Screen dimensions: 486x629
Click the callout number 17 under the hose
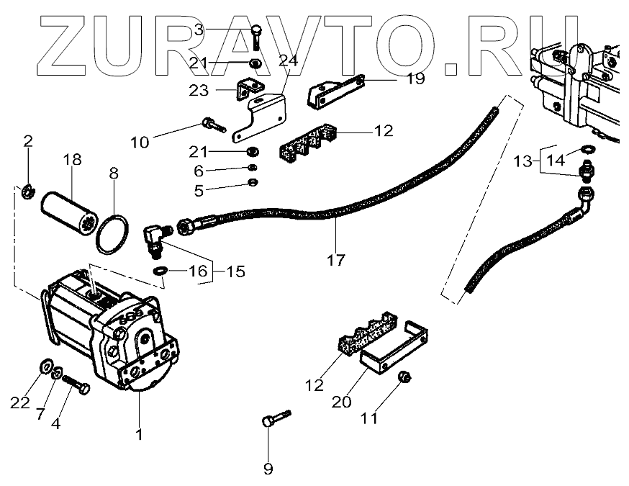pyautogui.click(x=335, y=259)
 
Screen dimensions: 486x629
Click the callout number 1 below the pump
pyautogui.click(x=138, y=435)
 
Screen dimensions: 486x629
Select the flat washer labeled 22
pyautogui.click(x=42, y=364)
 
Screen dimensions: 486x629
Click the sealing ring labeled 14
pyautogui.click(x=587, y=150)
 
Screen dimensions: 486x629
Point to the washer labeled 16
pyautogui.click(x=162, y=271)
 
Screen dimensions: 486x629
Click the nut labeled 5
pyautogui.click(x=253, y=181)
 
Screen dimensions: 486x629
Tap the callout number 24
pyautogui.click(x=289, y=62)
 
